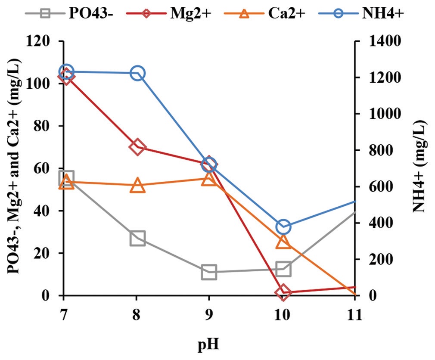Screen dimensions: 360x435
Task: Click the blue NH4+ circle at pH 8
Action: pyautogui.click(x=137, y=73)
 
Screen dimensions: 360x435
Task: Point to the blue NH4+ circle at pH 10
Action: pyautogui.click(x=283, y=227)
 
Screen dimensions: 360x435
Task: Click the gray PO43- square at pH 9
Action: pyautogui.click(x=209, y=272)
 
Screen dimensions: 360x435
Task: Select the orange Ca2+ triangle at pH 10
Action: pyautogui.click(x=283, y=242)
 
